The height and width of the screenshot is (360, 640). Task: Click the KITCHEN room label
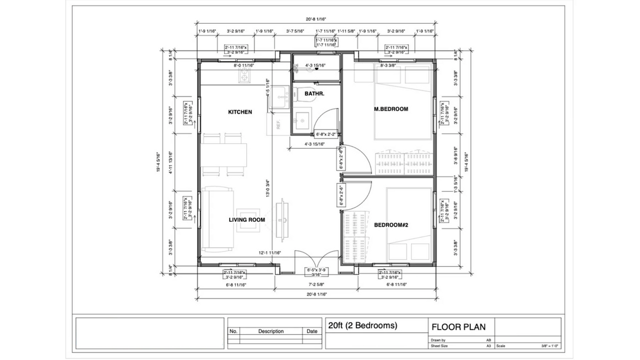240,112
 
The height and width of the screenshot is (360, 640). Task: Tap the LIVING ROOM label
247,220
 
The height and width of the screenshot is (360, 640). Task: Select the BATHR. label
314,94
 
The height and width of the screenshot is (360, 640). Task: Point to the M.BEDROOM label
391,109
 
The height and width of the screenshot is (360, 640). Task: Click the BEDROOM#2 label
391,225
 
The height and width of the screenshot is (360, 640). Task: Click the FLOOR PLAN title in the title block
458,327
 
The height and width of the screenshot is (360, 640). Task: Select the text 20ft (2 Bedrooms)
362,326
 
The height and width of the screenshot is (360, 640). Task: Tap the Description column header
271,332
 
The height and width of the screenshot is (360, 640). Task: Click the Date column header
312,332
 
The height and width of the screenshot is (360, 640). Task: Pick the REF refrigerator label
278,125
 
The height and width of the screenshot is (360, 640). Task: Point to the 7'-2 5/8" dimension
316,284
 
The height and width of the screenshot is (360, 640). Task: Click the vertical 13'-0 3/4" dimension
268,189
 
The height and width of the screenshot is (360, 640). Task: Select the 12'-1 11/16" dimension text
269,253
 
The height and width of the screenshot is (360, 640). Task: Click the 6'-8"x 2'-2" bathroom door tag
326,134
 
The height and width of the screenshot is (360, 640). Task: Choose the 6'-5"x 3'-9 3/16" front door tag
316,272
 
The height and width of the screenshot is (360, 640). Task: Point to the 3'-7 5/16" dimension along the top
295,31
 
